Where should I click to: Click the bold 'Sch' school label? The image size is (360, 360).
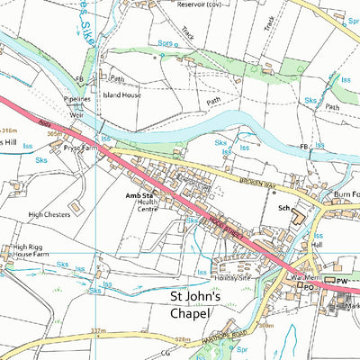[283, 207]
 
